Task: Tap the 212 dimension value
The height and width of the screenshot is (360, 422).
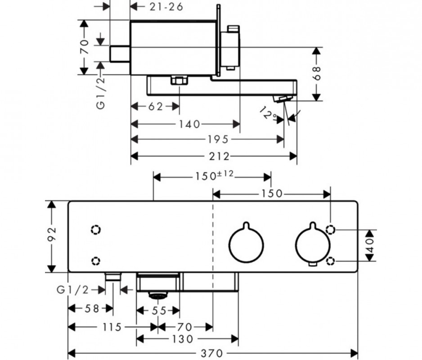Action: tap(219, 156)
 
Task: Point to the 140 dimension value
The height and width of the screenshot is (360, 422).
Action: tap(189, 124)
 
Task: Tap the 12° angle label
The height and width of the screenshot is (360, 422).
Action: tap(269, 115)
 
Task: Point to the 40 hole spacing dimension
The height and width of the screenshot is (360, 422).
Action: tap(370, 246)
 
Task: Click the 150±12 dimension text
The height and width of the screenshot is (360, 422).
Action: tap(213, 175)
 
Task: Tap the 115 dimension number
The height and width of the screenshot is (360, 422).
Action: tap(112, 327)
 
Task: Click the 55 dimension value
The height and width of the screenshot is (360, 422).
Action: tap(158, 310)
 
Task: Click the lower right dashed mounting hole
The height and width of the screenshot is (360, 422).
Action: tap(331, 261)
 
